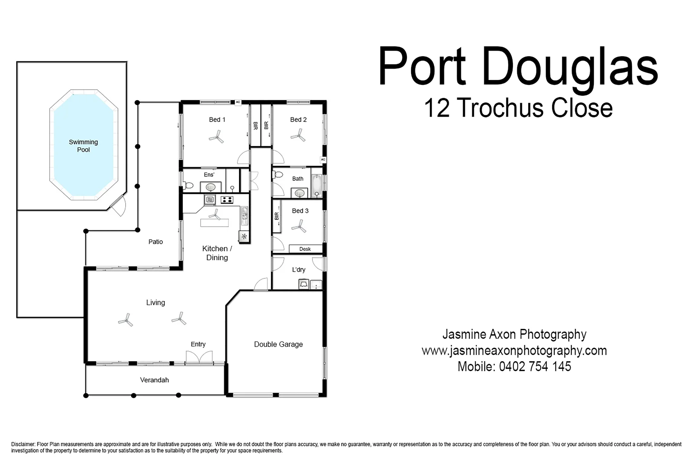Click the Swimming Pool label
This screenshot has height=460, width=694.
pyautogui.click(x=84, y=146)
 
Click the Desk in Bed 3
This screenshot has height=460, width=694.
pyautogui.click(x=305, y=249)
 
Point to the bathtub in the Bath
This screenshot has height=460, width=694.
pyautogui.click(x=316, y=186)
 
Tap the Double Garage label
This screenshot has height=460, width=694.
pyautogui.click(x=278, y=344)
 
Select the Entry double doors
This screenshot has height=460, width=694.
pyautogui.click(x=199, y=358)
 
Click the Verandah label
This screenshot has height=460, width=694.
pyautogui.click(x=154, y=380)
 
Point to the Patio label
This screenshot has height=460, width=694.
pyautogui.click(x=156, y=241)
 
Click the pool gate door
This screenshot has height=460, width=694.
pyautogui.click(x=118, y=205)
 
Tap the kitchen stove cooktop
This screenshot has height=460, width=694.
pyautogui.click(x=227, y=199)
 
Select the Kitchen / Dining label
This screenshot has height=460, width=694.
pyautogui.click(x=217, y=253)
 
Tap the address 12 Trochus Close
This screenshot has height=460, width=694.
pyautogui.click(x=518, y=108)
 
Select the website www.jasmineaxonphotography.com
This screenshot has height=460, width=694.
pyautogui.click(x=514, y=351)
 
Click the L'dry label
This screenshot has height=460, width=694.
pyautogui.click(x=299, y=270)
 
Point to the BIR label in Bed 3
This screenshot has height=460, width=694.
pyautogui.click(x=277, y=216)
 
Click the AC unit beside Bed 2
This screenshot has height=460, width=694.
pyautogui.click(x=323, y=160)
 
